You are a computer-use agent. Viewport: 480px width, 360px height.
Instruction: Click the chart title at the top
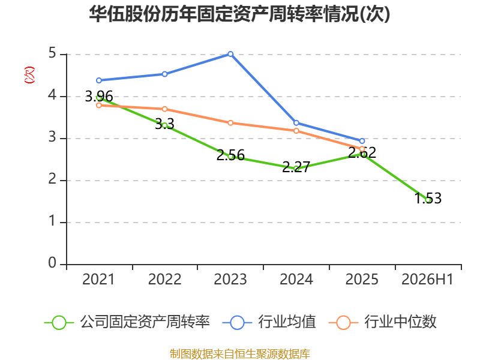(239, 14)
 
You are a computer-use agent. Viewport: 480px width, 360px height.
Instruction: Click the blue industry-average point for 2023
(230, 54)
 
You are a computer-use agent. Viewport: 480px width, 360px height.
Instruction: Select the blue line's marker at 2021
(99, 80)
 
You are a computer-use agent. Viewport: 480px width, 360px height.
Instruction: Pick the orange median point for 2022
(164, 109)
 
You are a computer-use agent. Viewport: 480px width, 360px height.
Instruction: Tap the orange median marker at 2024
(296, 131)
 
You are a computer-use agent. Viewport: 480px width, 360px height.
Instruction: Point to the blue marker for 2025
(362, 141)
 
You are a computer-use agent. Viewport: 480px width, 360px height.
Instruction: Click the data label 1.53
(428, 198)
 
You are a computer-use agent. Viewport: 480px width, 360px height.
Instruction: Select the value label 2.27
(296, 167)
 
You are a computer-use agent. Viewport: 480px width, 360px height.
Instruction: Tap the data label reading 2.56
(230, 155)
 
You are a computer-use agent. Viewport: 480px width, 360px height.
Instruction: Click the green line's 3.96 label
(99, 97)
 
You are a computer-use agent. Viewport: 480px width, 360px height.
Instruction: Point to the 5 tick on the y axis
(52, 53)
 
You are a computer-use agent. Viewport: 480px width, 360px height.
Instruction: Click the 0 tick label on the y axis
(52, 263)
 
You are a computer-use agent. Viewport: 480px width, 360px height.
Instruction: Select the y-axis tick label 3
(52, 137)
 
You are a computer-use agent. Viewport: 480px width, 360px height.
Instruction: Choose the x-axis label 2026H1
(427, 280)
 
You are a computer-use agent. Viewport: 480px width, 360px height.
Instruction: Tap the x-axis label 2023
(230, 280)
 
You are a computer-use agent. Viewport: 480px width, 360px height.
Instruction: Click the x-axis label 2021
(98, 280)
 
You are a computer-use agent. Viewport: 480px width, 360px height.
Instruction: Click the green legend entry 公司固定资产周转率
(127, 322)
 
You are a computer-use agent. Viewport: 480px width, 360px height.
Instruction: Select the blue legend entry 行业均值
(269, 322)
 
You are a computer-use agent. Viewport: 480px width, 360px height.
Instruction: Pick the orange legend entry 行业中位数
(383, 322)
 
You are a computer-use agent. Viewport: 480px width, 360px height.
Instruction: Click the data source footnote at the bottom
(240, 354)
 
